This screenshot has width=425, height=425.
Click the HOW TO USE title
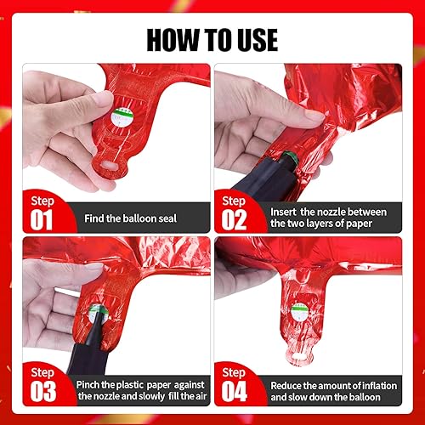click(212, 38)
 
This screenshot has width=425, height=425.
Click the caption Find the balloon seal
click(131, 218)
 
